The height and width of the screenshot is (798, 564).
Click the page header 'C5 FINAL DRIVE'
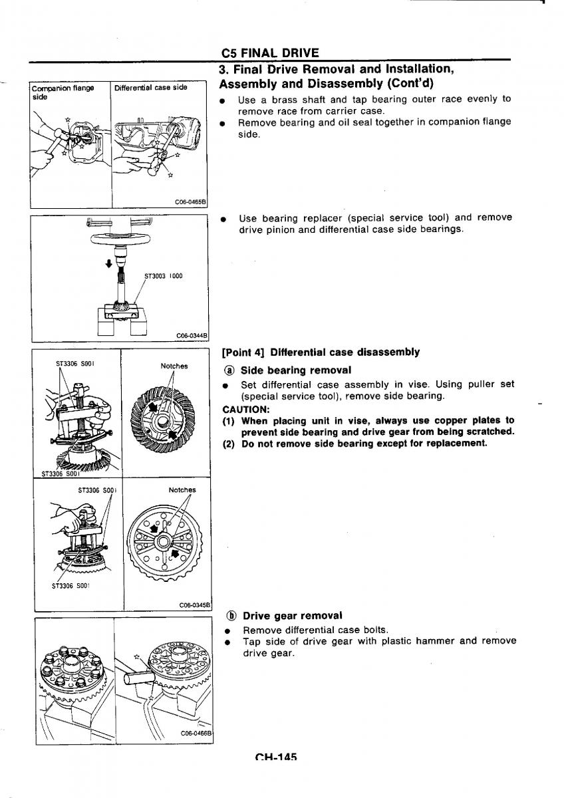pos(269,53)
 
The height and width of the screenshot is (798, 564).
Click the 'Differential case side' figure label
pos(150,87)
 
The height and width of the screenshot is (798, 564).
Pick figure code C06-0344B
pos(192,336)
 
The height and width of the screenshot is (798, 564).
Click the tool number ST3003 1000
pos(163,275)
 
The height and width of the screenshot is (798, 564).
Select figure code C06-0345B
pos(194,605)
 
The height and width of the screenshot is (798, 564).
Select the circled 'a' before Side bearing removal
pos(229,370)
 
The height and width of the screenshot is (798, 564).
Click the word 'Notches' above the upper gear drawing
pos(174,366)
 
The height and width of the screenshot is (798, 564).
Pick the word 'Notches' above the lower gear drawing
pos(182,490)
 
